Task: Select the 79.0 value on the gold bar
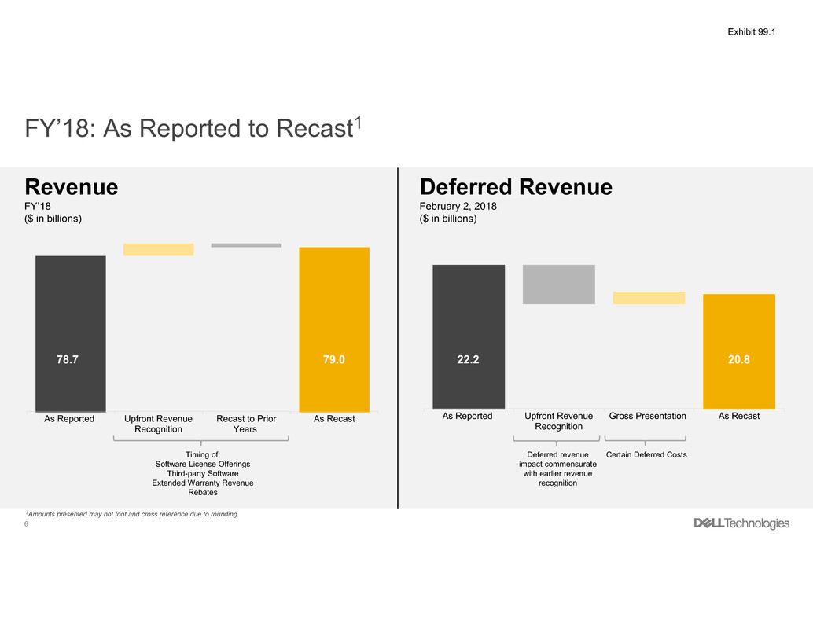[334, 359]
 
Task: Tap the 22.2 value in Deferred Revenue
[469, 359]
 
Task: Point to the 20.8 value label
[739, 359]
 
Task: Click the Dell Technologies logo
[741, 523]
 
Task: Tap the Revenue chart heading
[72, 187]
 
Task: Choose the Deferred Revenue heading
[515, 187]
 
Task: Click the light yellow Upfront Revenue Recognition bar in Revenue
[158, 249]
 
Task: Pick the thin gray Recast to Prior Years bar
[246, 245]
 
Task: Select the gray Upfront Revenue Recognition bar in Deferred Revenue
[559, 284]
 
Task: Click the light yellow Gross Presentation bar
[649, 298]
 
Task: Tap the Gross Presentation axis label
[648, 416]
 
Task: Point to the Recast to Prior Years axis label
[246, 424]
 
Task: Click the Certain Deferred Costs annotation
[646, 455]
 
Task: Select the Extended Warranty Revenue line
[203, 483]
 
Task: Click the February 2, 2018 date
[458, 206]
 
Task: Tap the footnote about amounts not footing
[131, 514]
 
